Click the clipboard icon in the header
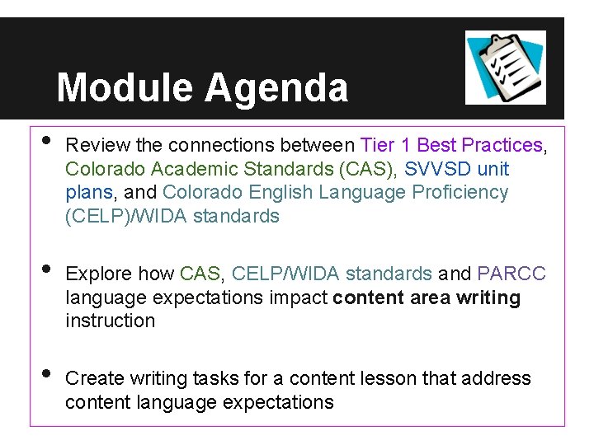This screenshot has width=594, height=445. coord(505,67)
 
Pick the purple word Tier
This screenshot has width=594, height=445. coord(377,145)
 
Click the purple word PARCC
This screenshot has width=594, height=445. coord(511,273)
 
